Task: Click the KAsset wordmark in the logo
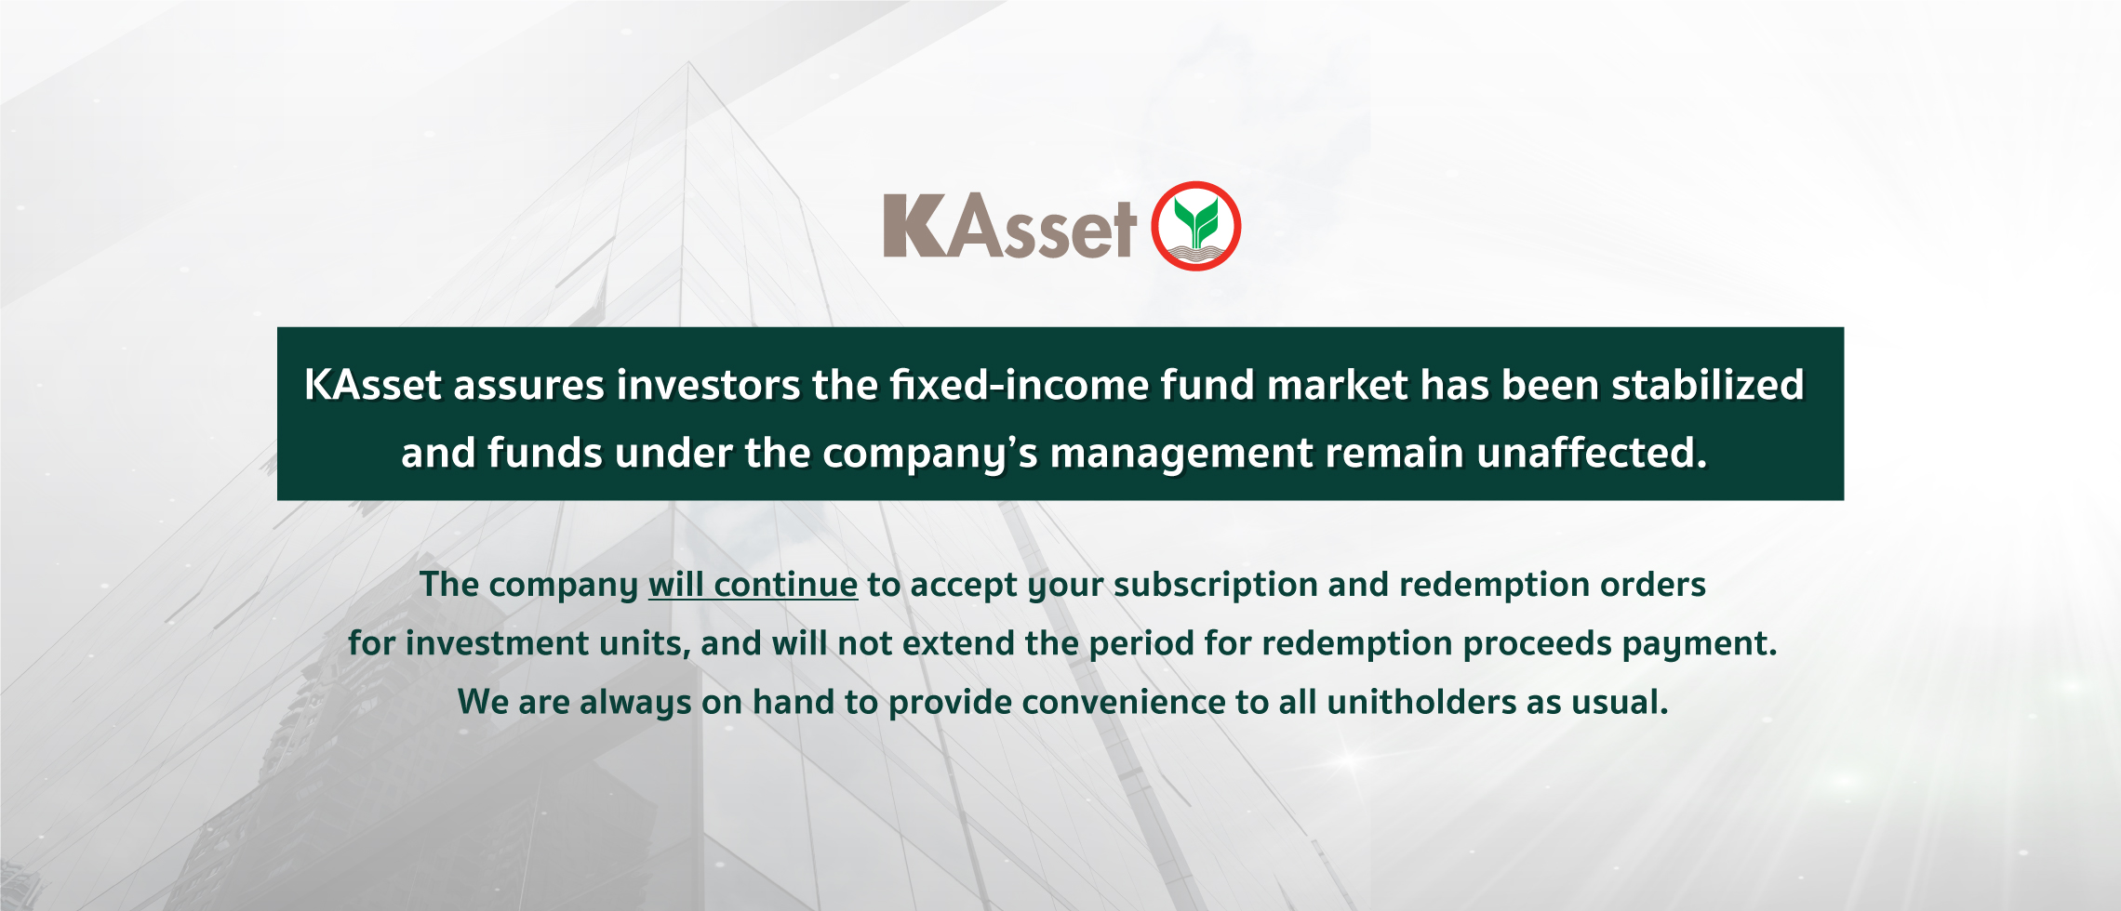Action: point(1009,227)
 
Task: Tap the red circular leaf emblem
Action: point(1196,226)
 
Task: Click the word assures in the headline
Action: point(528,385)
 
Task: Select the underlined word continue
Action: point(786,585)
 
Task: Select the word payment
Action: point(1698,644)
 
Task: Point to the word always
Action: point(635,703)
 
